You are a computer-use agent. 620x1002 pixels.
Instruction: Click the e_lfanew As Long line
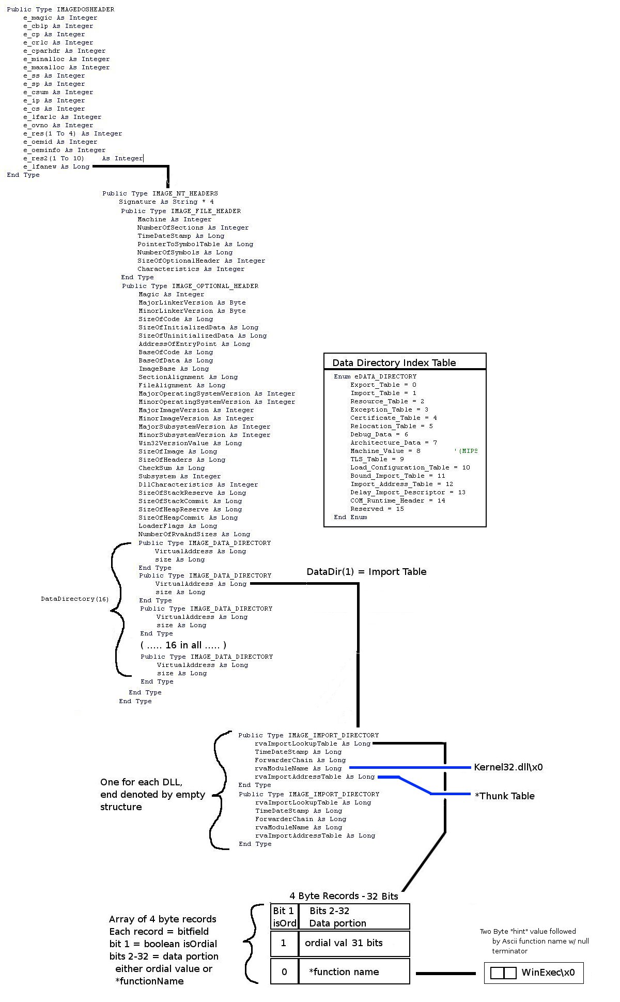click(x=56, y=166)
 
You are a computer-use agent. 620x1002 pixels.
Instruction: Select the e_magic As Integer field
click(x=60, y=18)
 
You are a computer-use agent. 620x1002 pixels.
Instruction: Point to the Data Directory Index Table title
click(x=394, y=362)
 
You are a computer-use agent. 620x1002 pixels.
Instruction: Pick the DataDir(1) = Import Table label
click(x=366, y=571)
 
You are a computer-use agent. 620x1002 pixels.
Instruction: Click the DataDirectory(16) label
click(x=75, y=599)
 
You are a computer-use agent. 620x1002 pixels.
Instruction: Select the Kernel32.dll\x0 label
click(x=508, y=767)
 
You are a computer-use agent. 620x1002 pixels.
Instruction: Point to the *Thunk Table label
click(x=504, y=796)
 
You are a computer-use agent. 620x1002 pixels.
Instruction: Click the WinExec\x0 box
click(x=534, y=973)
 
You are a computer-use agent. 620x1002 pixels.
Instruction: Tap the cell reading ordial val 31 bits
click(x=344, y=943)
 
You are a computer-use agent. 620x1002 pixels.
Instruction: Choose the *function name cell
click(x=344, y=972)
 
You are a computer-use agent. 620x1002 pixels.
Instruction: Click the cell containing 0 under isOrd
click(x=284, y=972)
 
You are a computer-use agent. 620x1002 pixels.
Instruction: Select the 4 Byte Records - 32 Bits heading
click(x=344, y=896)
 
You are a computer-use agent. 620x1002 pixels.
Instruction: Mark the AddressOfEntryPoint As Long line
click(x=194, y=344)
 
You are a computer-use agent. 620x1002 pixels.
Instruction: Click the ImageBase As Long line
click(x=174, y=369)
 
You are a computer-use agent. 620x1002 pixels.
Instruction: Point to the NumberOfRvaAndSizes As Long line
click(x=194, y=534)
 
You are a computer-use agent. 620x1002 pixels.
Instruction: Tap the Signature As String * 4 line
click(x=166, y=202)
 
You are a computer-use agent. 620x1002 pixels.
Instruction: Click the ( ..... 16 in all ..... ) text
click(x=183, y=645)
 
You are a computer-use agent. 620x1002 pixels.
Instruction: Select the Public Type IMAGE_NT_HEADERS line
click(x=160, y=193)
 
